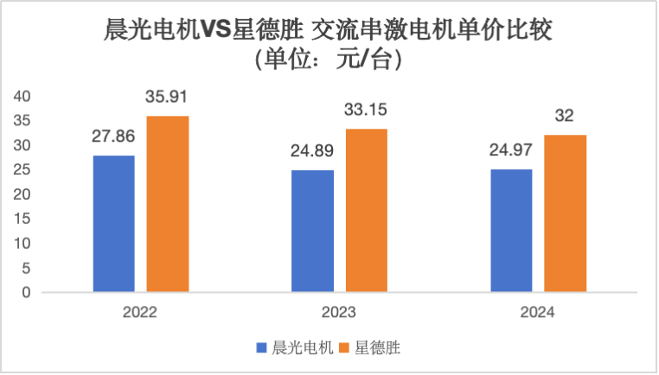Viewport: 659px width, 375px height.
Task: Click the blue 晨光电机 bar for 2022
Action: tap(113, 224)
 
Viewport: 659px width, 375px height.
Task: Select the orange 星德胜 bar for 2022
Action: tap(168, 204)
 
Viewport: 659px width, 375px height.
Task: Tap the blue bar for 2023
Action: tap(313, 231)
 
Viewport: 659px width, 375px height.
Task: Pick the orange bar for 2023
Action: tap(367, 211)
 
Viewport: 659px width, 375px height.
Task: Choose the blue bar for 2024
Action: tap(511, 231)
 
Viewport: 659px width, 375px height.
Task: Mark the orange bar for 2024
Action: tap(566, 213)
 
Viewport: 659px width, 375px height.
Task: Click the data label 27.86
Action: tap(113, 136)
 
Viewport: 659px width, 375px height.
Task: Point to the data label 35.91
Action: tap(168, 97)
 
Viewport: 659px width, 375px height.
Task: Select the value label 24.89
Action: tap(313, 150)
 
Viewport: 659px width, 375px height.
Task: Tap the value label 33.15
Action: tap(367, 110)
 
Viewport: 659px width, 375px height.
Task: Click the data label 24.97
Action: tap(511, 150)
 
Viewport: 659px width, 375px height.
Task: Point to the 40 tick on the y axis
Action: tap(22, 95)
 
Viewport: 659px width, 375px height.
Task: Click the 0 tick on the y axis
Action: tap(26, 292)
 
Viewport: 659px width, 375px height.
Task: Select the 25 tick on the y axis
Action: tap(22, 169)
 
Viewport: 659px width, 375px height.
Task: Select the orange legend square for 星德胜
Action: tap(343, 348)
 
